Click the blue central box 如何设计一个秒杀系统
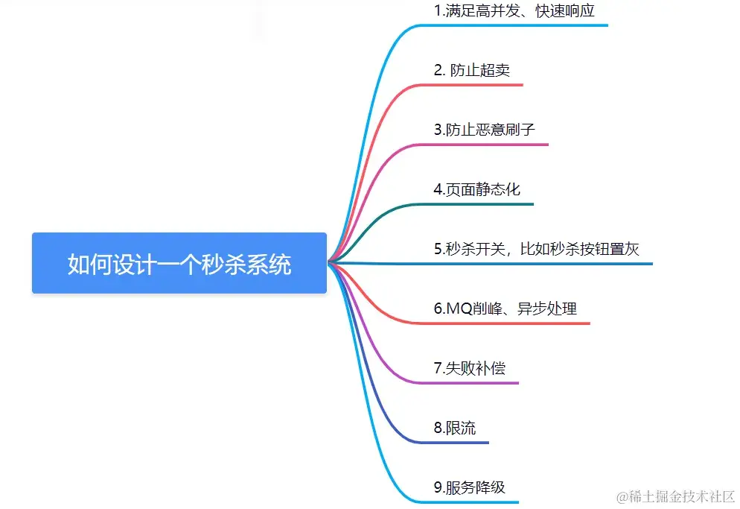[x=179, y=263]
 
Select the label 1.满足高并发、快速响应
[x=514, y=11]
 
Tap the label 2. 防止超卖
[x=472, y=70]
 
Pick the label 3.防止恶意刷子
[x=485, y=130]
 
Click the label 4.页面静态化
[x=477, y=189]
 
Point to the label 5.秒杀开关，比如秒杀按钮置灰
[x=537, y=249]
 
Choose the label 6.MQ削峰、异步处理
[x=505, y=309]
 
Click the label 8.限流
[x=455, y=428]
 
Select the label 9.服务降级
[x=470, y=488]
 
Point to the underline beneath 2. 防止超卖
[x=476, y=85]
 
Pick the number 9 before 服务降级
[x=438, y=488]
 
